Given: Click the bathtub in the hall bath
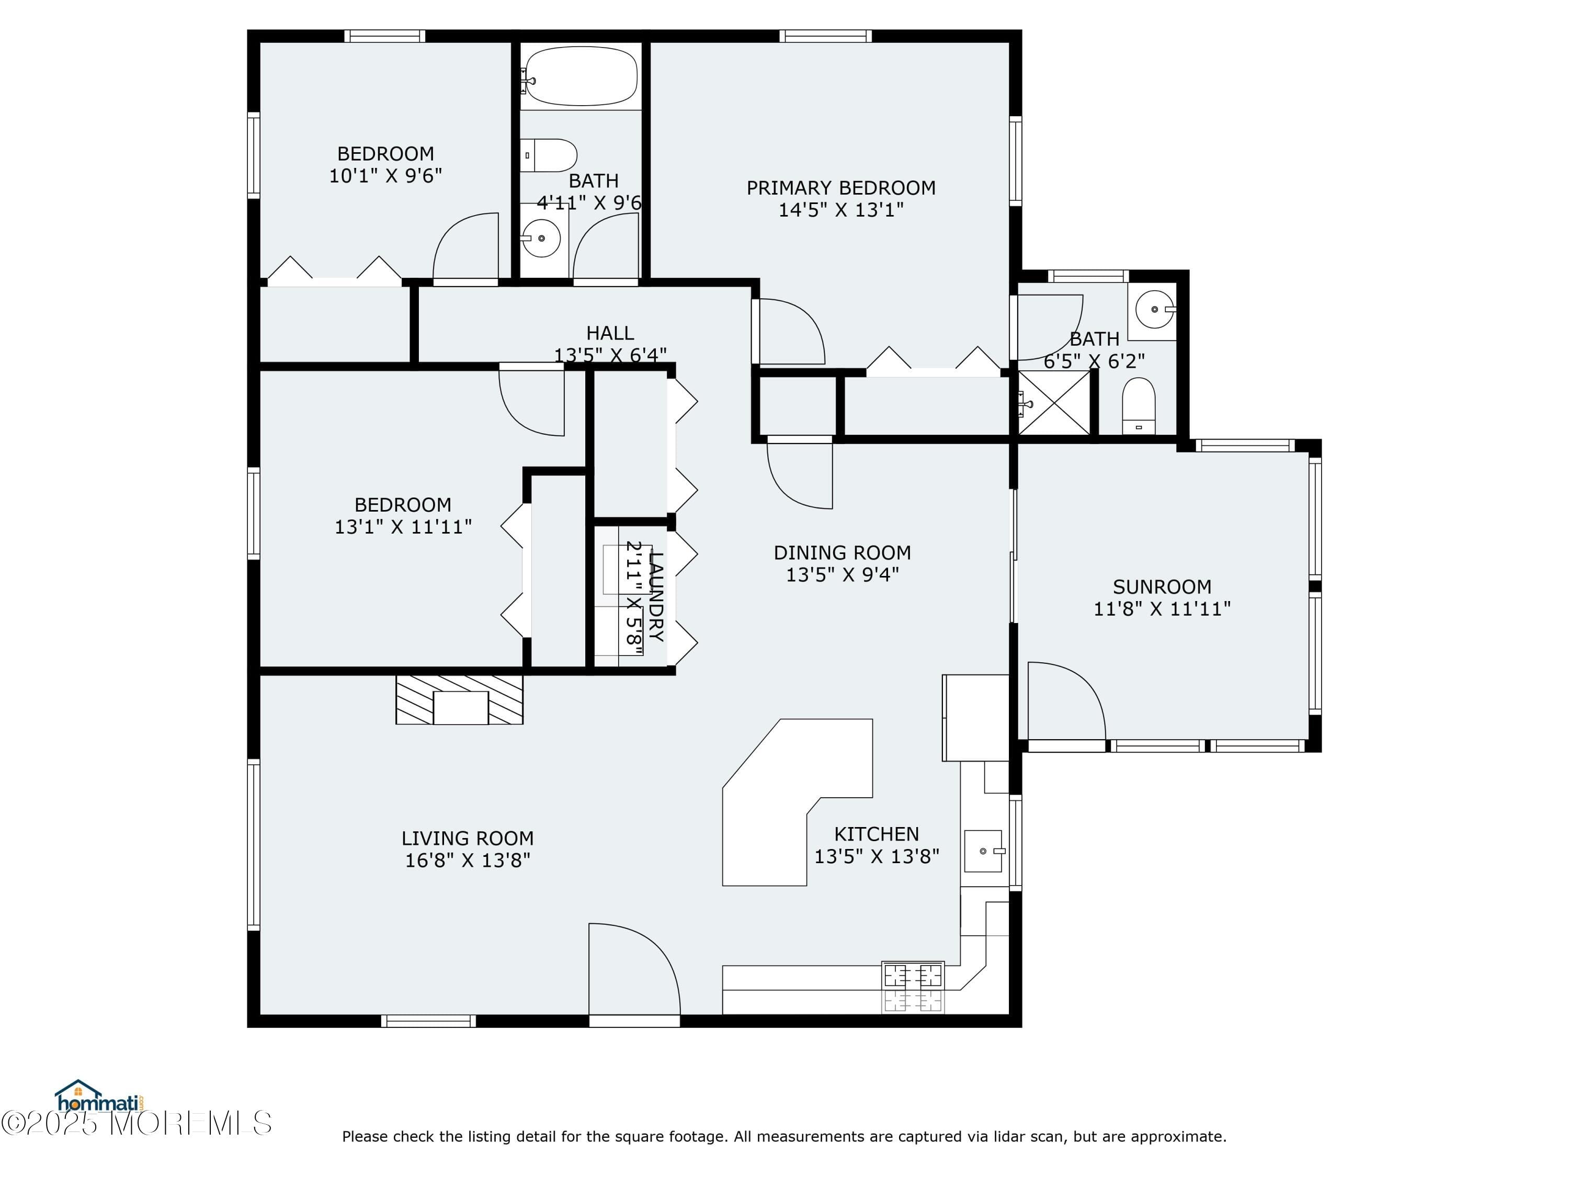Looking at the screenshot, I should (x=581, y=76).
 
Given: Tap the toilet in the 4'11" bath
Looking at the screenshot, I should (x=550, y=155).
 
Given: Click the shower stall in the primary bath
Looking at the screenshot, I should (x=1054, y=403).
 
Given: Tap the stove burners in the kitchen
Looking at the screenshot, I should (x=912, y=988).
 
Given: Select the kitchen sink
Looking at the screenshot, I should (x=984, y=851).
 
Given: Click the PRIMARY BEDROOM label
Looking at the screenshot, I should (x=840, y=188).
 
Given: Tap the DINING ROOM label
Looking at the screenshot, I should (x=842, y=553).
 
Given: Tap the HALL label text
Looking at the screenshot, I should (x=609, y=333).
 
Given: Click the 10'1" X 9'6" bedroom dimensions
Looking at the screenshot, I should (x=385, y=176).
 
